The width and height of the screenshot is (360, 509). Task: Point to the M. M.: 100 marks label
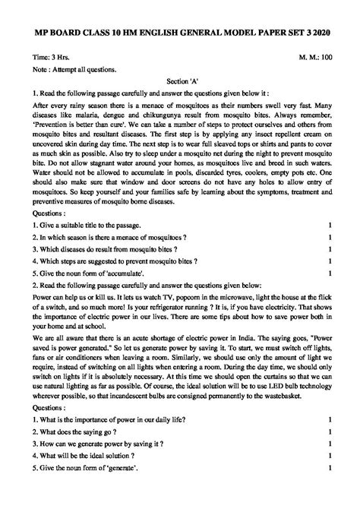[311, 57]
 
